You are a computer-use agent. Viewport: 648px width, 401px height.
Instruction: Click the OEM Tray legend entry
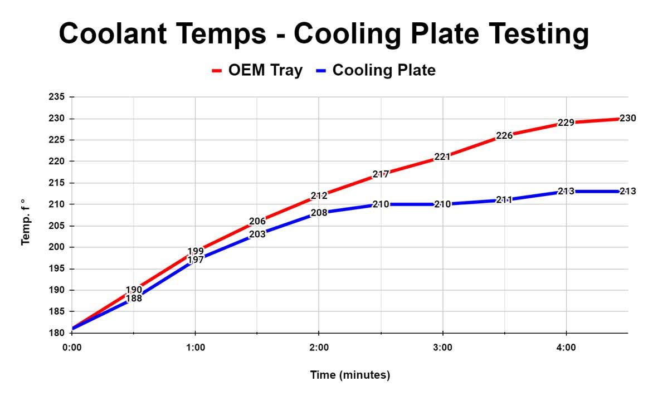[257, 70]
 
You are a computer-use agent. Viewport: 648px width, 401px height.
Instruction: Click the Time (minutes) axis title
[350, 375]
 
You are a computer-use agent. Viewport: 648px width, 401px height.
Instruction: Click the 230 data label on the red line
[627, 119]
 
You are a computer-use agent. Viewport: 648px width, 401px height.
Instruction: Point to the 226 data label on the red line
[504, 135]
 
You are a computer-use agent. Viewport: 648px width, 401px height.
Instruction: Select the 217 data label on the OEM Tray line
[381, 174]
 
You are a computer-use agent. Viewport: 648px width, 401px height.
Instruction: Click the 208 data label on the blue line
[319, 212]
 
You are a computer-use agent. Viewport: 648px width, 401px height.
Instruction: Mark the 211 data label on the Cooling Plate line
[504, 199]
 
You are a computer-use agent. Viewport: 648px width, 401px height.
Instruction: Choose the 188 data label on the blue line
[134, 299]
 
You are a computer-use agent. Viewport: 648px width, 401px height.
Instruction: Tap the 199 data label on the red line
[196, 251]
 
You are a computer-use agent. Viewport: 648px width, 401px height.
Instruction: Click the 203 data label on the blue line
[257, 234]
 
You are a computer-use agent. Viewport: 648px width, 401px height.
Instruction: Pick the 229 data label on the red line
[566, 123]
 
